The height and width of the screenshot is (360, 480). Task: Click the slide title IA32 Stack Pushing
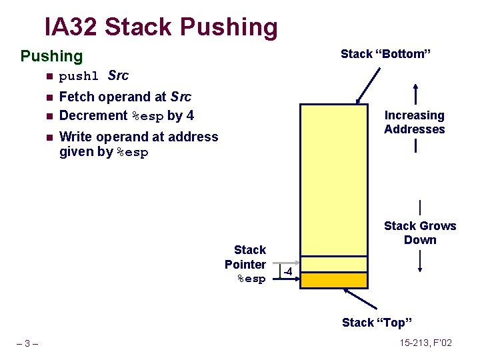[x=161, y=27]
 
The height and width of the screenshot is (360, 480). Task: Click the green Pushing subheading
[x=51, y=56]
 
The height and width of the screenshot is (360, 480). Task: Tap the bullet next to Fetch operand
[x=48, y=97]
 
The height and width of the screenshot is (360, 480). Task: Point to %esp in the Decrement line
[x=148, y=116]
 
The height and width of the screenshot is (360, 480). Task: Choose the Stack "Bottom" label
[x=385, y=54]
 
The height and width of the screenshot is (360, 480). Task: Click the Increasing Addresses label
[x=414, y=122]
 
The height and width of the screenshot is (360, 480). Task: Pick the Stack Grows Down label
[x=420, y=233]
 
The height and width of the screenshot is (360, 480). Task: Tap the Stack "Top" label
[x=377, y=323]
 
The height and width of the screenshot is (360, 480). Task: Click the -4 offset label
[x=287, y=271]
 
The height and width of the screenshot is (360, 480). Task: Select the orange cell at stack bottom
[x=334, y=280]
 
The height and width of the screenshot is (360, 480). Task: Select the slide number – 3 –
[x=27, y=343]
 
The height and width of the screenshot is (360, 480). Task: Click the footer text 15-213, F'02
[x=425, y=343]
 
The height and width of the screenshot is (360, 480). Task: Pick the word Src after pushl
[x=118, y=75]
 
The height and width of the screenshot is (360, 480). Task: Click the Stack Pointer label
[x=247, y=264]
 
